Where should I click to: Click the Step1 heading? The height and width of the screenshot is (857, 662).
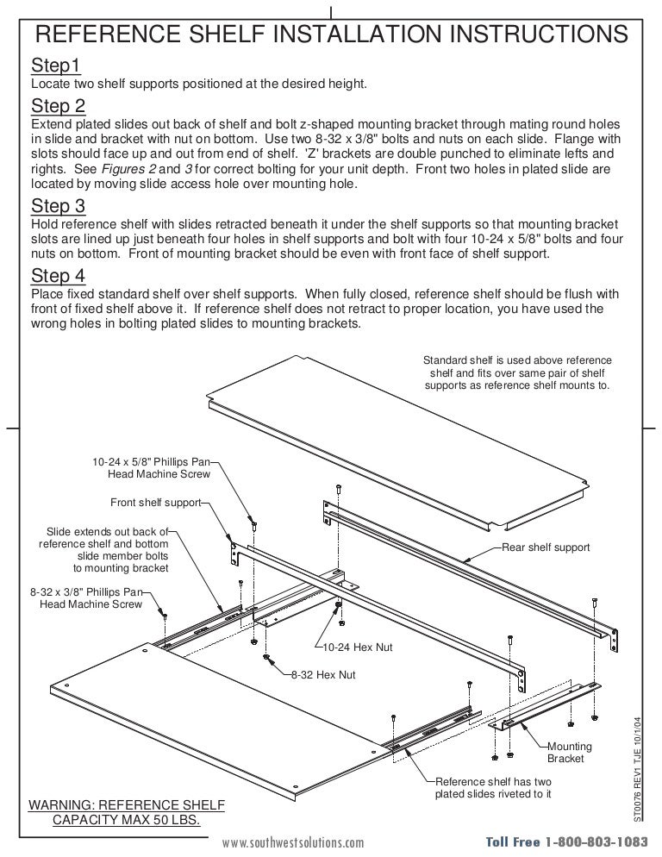pyautogui.click(x=56, y=66)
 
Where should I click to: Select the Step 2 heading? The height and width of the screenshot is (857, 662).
pyautogui.click(x=59, y=107)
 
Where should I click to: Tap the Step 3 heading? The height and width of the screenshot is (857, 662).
pyautogui.click(x=59, y=206)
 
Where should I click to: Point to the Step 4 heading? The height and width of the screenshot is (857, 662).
pyautogui.click(x=59, y=275)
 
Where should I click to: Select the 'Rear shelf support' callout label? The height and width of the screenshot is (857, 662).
pyautogui.click(x=546, y=547)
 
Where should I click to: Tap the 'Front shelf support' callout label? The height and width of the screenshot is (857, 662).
pyautogui.click(x=155, y=502)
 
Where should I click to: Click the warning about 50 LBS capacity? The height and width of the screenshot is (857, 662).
pyautogui.click(x=127, y=812)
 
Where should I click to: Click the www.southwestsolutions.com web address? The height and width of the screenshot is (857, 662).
pyautogui.click(x=293, y=842)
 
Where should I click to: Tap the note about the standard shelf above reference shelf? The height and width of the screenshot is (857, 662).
pyautogui.click(x=516, y=372)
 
